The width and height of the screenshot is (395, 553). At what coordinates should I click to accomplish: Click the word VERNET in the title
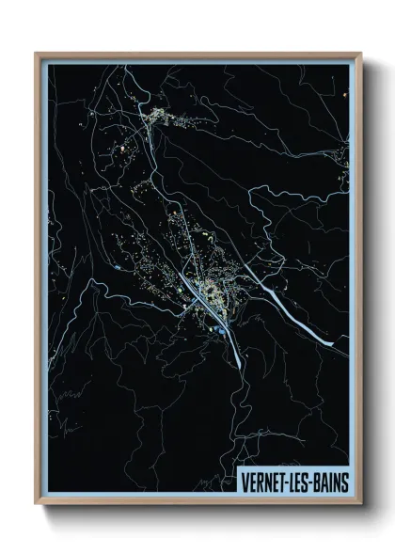tap(266, 480)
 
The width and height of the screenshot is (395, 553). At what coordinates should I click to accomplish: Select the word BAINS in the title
tap(330, 480)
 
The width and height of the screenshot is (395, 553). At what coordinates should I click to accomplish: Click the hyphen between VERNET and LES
tap(288, 481)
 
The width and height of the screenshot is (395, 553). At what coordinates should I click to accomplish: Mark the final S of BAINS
tap(344, 480)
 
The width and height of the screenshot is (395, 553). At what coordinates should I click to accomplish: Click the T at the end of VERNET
tap(283, 480)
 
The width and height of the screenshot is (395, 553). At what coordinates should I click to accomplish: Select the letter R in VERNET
tap(262, 480)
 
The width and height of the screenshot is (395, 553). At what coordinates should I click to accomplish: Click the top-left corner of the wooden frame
tap(36, 54)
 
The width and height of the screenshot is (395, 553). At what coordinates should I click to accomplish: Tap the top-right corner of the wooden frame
tap(360, 54)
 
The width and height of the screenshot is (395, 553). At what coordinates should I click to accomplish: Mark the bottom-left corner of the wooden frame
tap(36, 504)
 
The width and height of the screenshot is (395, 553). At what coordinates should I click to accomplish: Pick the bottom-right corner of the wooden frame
tap(360, 504)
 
